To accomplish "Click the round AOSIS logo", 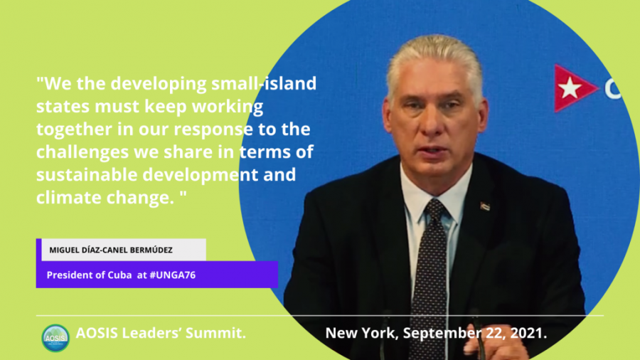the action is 55,338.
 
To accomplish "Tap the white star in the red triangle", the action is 570,88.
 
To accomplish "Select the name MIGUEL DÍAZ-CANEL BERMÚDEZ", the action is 111,250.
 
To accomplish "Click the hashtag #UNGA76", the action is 173,275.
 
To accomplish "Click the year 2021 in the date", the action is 528,333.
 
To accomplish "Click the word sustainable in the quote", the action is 87,175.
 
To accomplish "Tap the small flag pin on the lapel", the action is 485,206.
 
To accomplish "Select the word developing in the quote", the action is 159,84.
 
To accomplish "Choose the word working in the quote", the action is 228,107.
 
